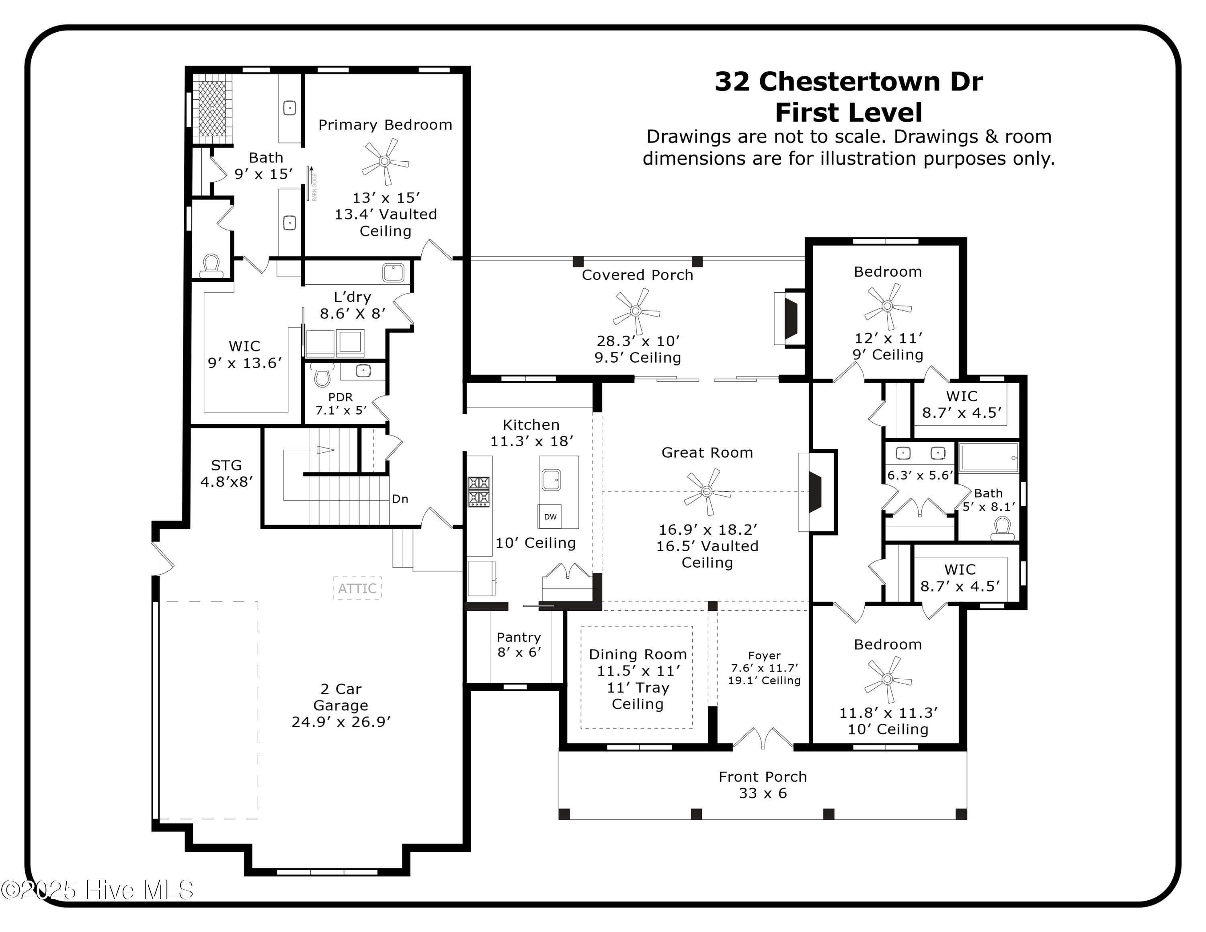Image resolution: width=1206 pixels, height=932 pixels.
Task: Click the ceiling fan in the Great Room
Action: click(x=706, y=491)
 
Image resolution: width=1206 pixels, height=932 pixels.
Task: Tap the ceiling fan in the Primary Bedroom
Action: click(x=385, y=161)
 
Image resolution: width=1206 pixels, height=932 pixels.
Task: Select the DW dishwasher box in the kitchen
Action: click(x=550, y=516)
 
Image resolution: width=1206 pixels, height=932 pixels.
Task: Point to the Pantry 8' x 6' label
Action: click(x=519, y=645)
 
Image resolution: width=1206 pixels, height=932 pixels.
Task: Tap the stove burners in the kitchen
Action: click(x=479, y=491)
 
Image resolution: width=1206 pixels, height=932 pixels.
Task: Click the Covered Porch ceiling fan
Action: click(x=636, y=311)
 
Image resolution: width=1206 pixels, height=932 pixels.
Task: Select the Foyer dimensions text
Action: click(x=764, y=668)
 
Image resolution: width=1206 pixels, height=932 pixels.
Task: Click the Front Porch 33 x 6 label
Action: click(x=763, y=784)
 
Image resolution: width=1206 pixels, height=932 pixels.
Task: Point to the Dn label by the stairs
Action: click(x=400, y=499)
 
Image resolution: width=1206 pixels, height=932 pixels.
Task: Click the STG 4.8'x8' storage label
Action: click(x=226, y=473)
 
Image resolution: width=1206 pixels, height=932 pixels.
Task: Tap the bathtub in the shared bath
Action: click(x=989, y=458)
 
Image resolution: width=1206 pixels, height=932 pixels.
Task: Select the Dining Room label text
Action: click(x=638, y=654)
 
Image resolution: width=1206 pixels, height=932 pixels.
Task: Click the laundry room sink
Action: click(x=393, y=272)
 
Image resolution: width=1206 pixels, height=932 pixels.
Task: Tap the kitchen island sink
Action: click(x=551, y=479)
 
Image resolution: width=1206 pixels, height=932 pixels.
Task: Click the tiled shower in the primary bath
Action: click(x=212, y=108)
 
